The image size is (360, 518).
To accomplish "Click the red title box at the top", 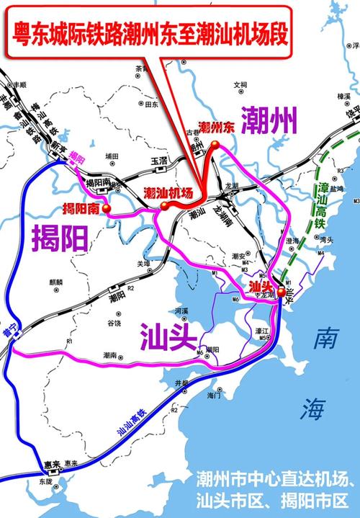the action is pyautogui.click(x=148, y=32).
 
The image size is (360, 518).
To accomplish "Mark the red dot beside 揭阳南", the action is pyautogui.click(x=107, y=209).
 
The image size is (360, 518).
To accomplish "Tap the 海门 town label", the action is pyautogui.click(x=213, y=396).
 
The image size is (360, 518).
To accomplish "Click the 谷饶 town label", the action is pyautogui.click(x=114, y=323).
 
